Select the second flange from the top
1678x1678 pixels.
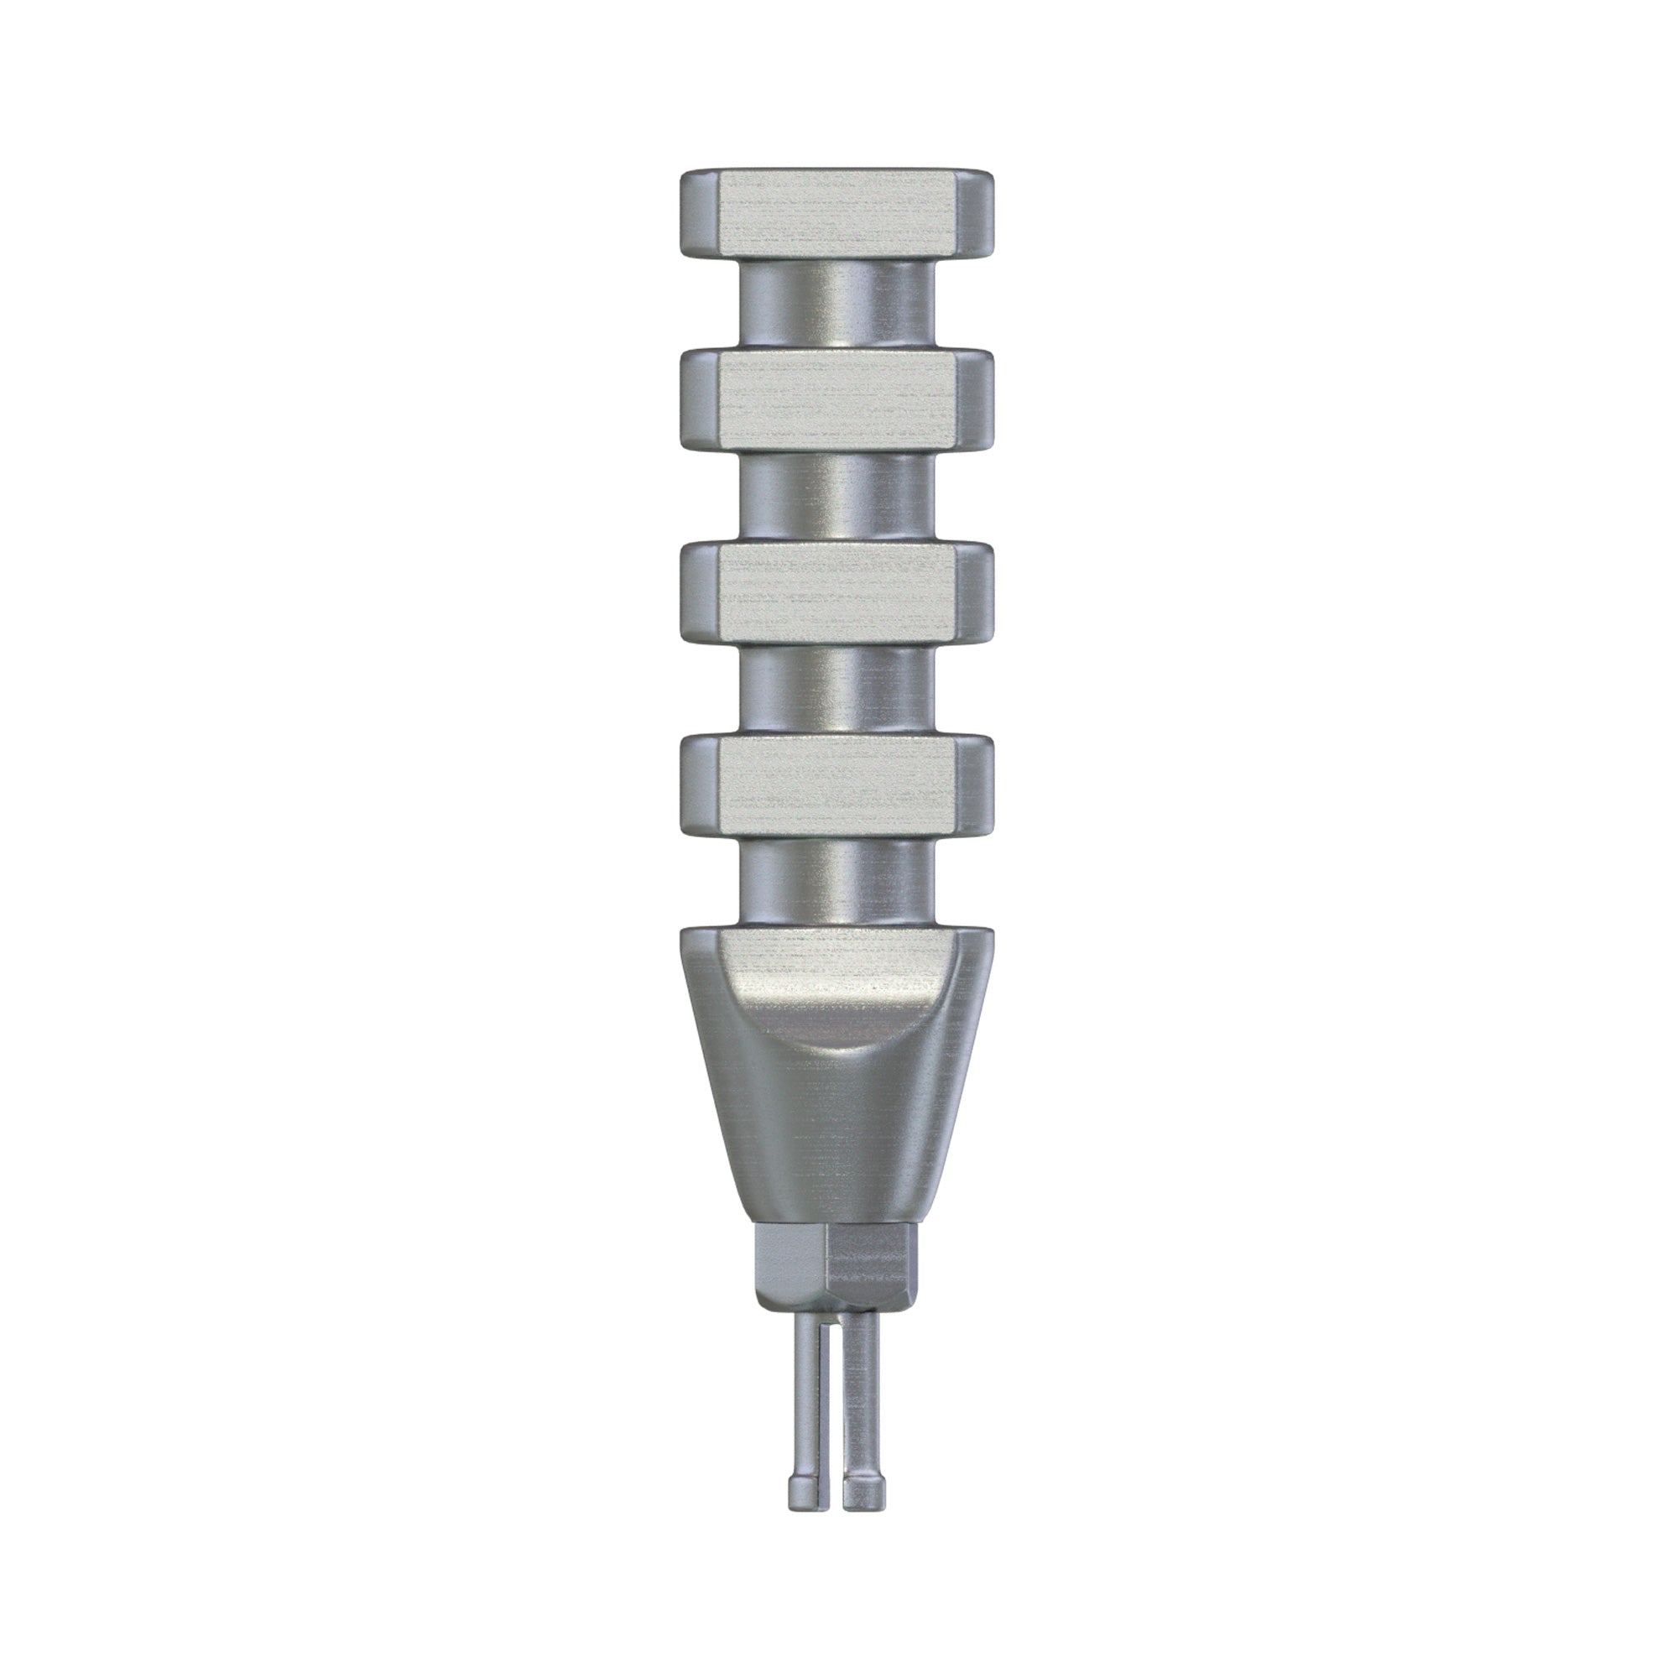(x=837, y=403)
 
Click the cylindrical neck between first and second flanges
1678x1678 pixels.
(x=837, y=305)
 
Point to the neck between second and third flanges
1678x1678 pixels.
(x=837, y=498)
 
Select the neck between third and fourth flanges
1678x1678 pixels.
(x=837, y=689)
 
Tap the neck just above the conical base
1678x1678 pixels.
(x=837, y=878)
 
